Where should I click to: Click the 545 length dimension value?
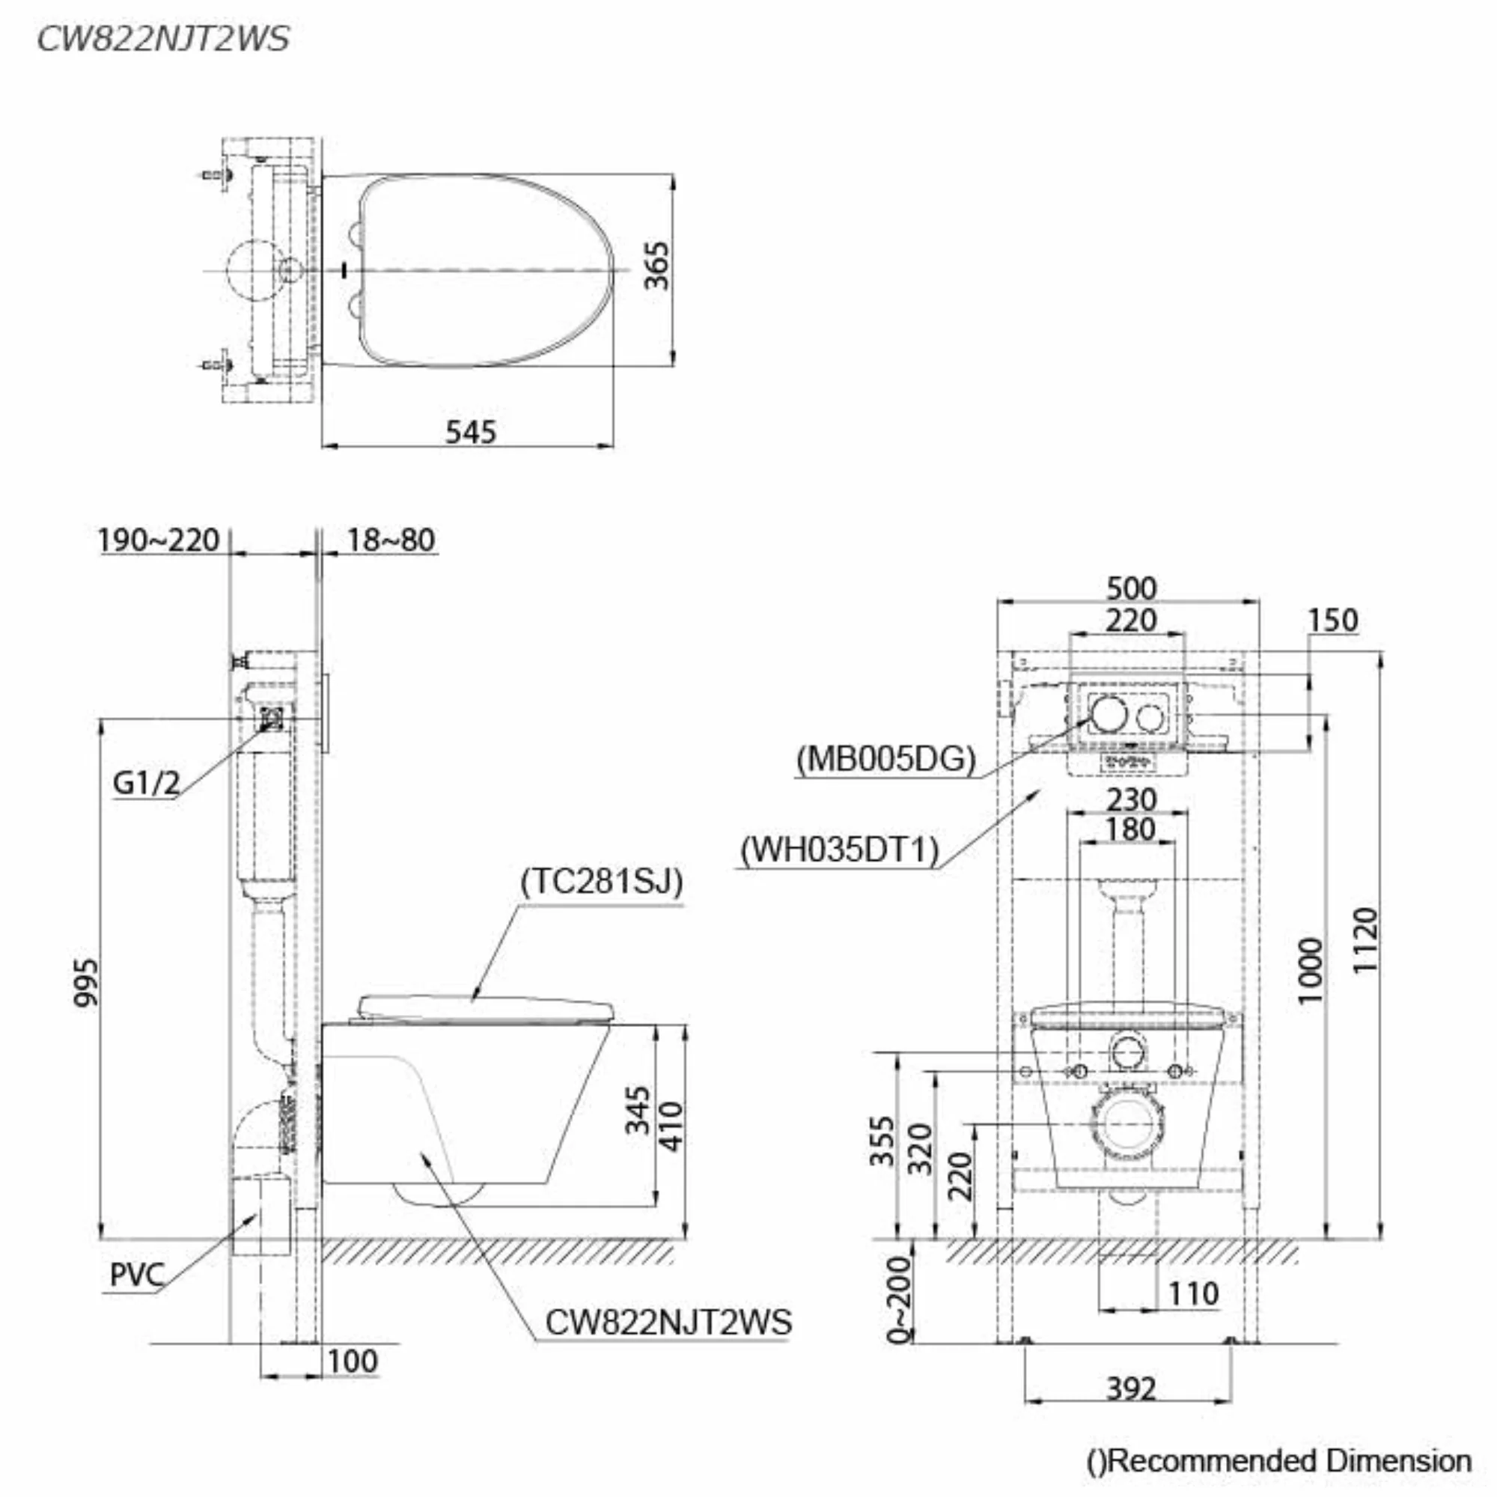click(x=470, y=432)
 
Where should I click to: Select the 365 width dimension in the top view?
click(x=657, y=265)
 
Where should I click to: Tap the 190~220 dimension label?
click(x=159, y=540)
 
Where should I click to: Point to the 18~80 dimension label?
click(x=391, y=540)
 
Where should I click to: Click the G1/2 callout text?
click(x=147, y=784)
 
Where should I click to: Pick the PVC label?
click(x=136, y=1275)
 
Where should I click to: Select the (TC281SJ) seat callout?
click(x=602, y=881)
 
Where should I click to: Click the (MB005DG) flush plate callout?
click(x=885, y=758)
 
